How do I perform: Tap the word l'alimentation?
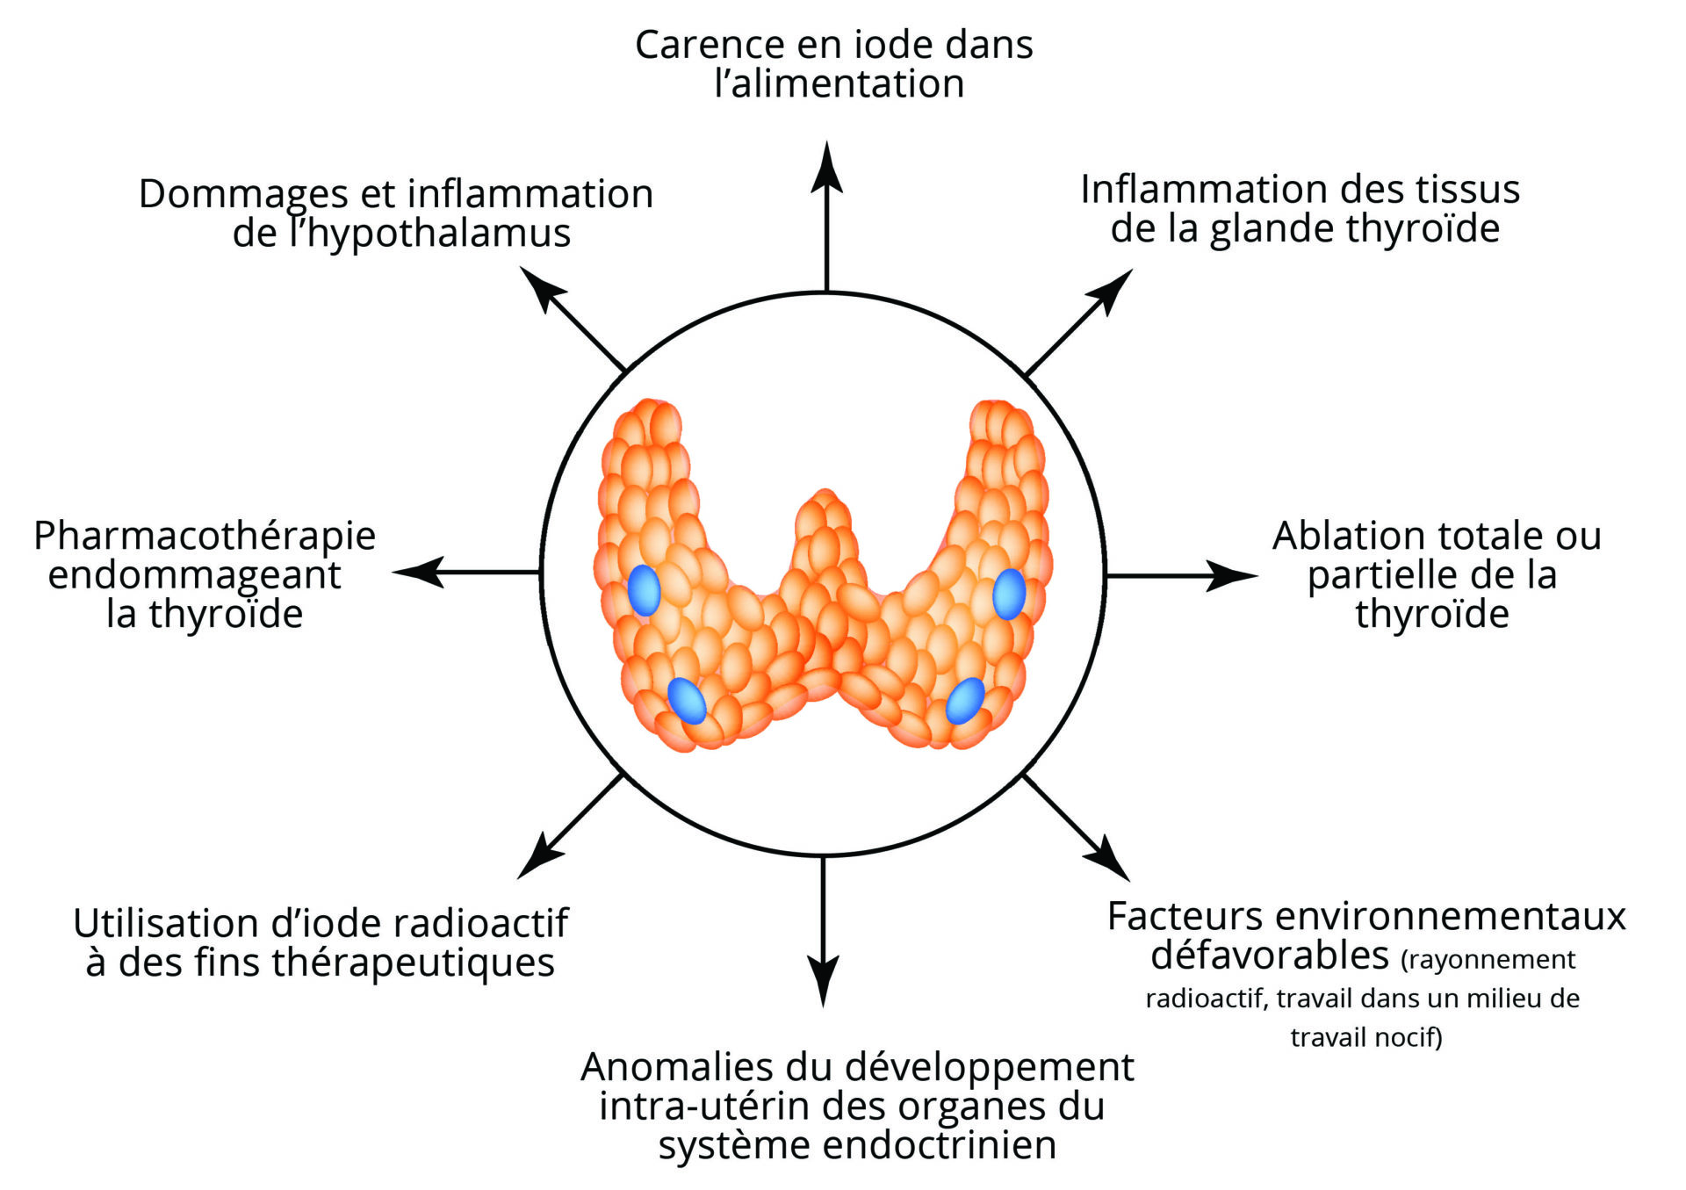pyautogui.click(x=839, y=84)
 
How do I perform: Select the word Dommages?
pyautogui.click(x=244, y=195)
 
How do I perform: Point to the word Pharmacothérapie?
pyautogui.click(x=205, y=536)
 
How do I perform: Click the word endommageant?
pyautogui.click(x=194, y=575)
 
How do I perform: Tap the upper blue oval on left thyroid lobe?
pyautogui.click(x=644, y=590)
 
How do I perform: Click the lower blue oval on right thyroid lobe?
pyautogui.click(x=965, y=701)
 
